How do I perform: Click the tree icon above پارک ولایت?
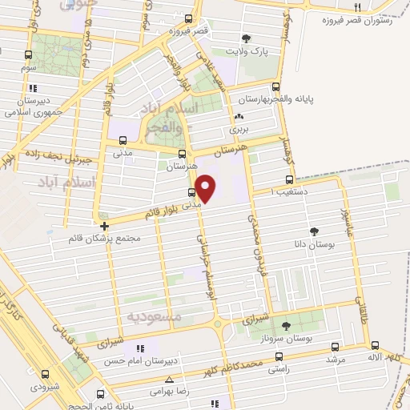point(246,38)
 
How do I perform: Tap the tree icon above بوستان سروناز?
point(287,325)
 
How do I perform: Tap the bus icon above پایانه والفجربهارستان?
point(276,86)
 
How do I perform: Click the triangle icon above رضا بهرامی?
point(168,380)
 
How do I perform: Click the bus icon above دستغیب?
point(288,180)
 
